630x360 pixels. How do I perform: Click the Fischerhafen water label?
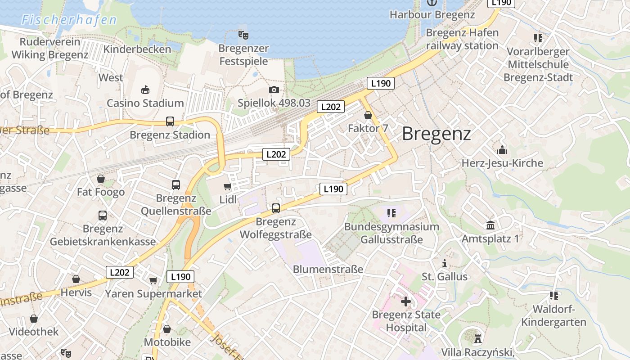pos(69,20)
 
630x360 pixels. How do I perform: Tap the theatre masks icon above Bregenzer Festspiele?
pos(243,34)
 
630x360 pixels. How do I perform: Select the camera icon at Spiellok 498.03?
pos(274,90)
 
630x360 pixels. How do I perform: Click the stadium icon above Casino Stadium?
pos(145,90)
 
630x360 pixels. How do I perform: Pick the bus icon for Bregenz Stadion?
pos(170,121)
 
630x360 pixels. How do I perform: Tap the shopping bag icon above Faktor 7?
pos(368,116)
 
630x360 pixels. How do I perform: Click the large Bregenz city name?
pos(436,134)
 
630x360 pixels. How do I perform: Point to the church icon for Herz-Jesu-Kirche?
pos(502,150)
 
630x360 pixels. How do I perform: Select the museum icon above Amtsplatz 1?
pos(490,225)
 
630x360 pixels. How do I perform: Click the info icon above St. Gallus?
pos(445,263)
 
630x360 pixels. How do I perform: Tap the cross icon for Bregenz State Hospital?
pos(406,301)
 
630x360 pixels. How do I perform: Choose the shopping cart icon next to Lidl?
pos(227,187)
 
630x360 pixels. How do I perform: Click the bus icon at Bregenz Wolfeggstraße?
pos(275,208)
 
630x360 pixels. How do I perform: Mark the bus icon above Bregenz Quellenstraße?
pos(175,184)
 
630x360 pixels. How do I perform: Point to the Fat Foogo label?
pos(101,192)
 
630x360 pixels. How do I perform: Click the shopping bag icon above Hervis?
pos(76,279)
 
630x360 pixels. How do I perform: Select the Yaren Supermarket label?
pos(153,294)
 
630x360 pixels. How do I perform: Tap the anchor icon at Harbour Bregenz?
pos(432,3)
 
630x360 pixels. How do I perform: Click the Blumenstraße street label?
pos(328,269)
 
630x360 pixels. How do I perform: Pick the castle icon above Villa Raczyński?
pos(477,337)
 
